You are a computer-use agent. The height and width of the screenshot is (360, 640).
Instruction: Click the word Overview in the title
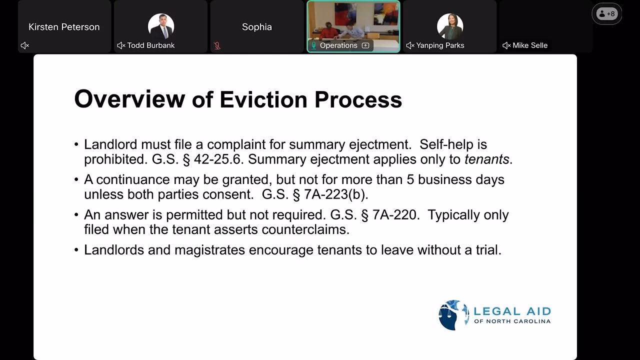coord(129,99)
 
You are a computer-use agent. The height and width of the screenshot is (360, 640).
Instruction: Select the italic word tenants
coord(486,159)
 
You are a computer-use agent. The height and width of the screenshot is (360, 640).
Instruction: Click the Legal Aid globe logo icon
coord(453,315)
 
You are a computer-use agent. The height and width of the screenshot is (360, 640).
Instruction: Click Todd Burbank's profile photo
coord(161,26)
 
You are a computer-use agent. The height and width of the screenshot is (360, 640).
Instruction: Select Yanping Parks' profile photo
coord(450,26)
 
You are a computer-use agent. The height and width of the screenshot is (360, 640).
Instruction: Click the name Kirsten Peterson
coord(64,27)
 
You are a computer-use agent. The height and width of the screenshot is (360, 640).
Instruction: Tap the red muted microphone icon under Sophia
coord(217,45)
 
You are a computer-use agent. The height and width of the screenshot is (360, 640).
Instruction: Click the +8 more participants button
coord(606,14)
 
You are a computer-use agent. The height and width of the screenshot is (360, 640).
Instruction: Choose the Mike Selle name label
coord(529,45)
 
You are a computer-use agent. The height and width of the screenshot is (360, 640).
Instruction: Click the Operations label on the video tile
coord(338,45)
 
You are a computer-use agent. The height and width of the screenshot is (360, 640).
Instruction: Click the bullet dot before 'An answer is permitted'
coord(76,215)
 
